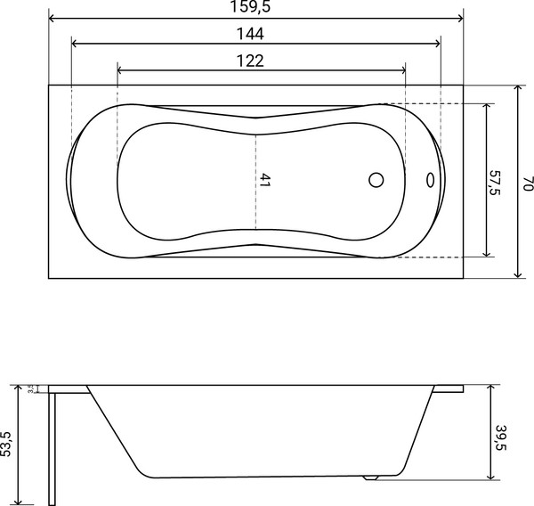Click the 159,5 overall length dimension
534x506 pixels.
point(255,8)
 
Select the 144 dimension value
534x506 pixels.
point(255,34)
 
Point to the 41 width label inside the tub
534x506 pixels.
point(264,179)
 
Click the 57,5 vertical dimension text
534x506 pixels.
point(496,178)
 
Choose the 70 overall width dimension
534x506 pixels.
point(528,182)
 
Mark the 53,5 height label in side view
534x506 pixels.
point(7,443)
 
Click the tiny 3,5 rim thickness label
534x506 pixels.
point(32,388)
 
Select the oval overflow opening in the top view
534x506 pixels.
point(432,180)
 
